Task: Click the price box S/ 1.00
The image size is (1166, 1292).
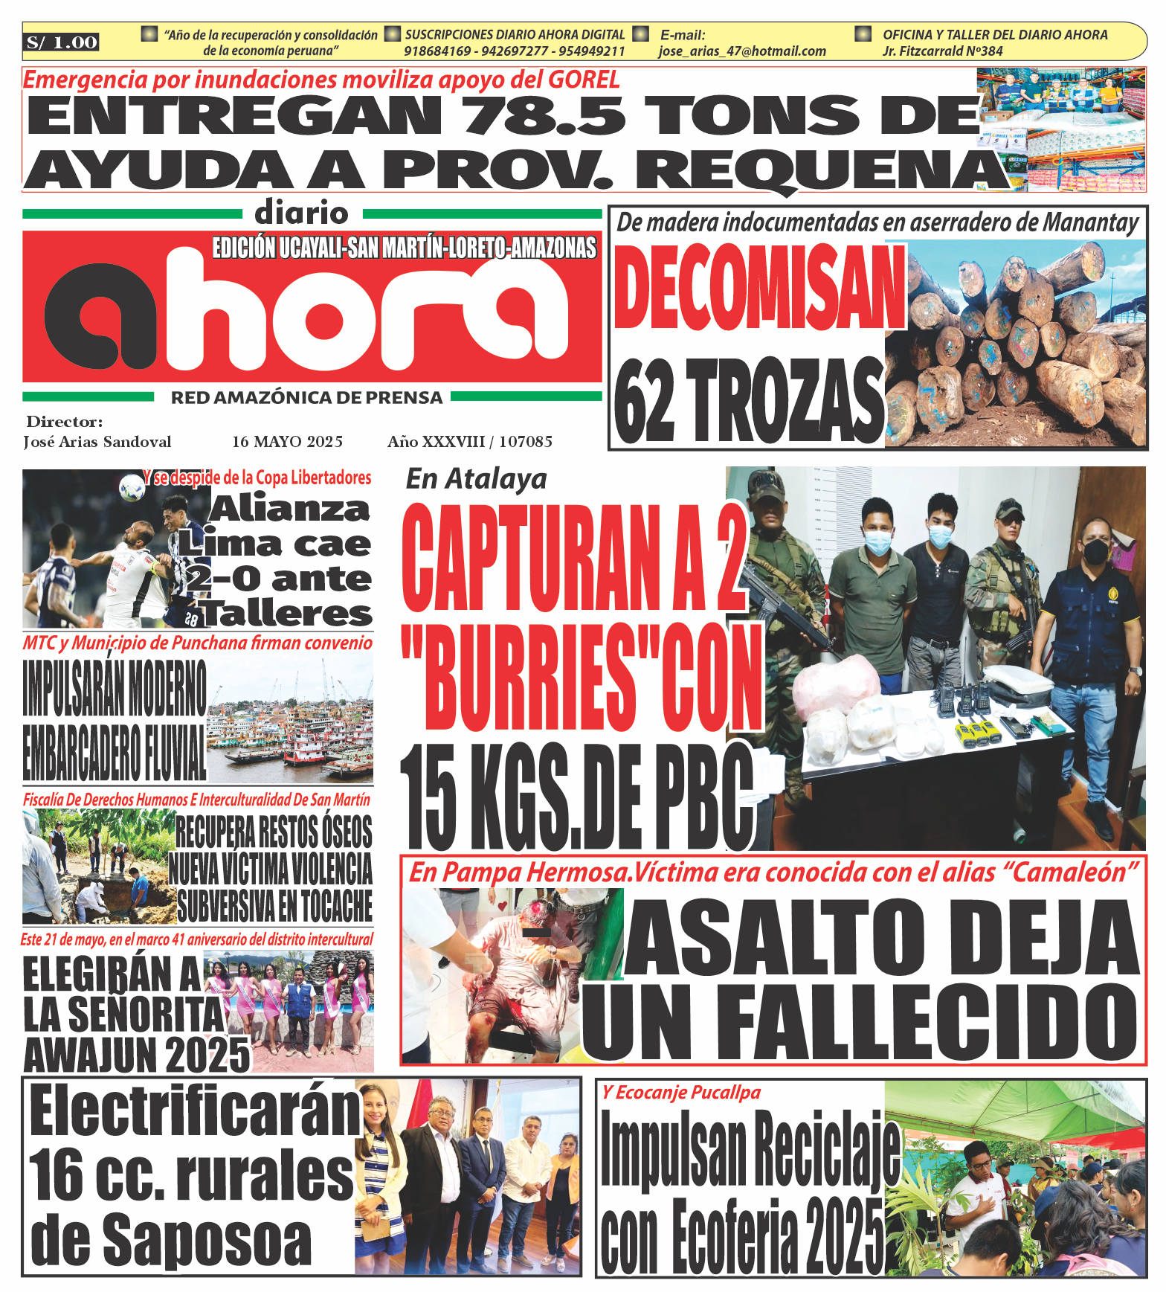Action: pos(62,42)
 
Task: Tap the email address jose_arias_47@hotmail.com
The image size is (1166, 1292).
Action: pos(742,51)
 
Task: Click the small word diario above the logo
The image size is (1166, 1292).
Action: pos(301,213)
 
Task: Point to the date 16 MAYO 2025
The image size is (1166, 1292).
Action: pos(287,442)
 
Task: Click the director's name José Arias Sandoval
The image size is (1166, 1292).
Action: pos(97,442)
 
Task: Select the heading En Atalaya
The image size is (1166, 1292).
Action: pos(476,479)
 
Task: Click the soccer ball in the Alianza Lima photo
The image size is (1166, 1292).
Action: pos(132,488)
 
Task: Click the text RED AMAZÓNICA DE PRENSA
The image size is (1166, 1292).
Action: pos(307,398)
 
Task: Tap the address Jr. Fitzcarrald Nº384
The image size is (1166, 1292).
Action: pos(942,51)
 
